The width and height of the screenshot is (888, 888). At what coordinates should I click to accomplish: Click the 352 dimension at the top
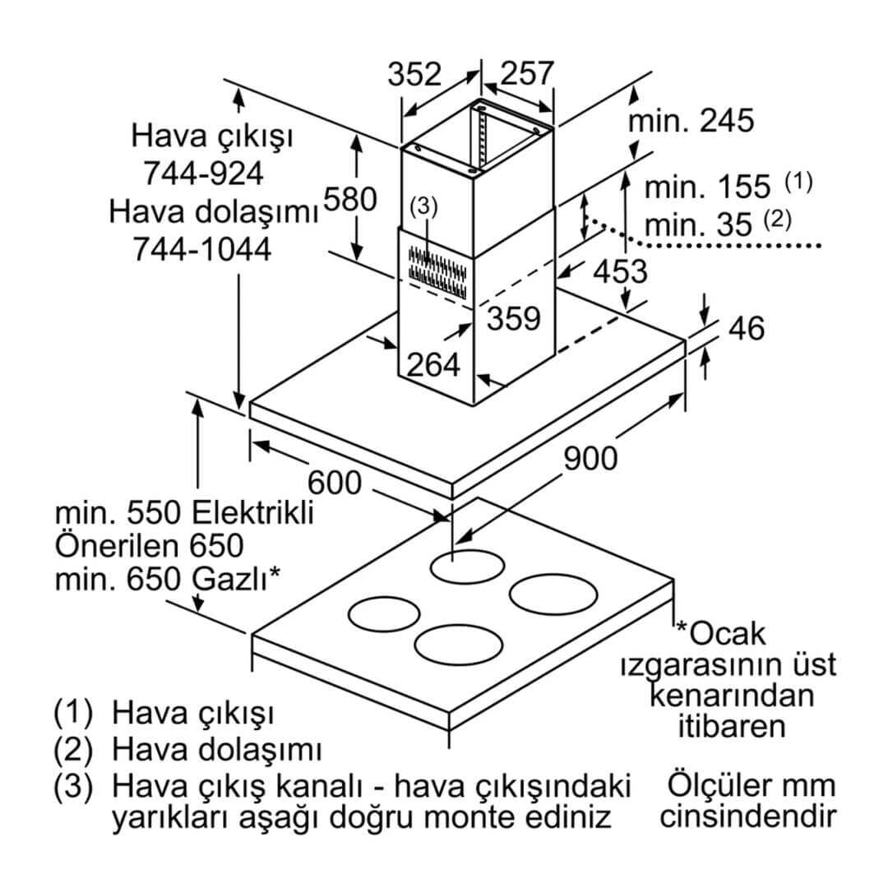pyautogui.click(x=415, y=74)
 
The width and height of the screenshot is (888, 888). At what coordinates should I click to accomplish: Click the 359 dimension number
pyautogui.click(x=513, y=319)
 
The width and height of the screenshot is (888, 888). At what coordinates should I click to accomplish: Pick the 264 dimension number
pyautogui.click(x=433, y=364)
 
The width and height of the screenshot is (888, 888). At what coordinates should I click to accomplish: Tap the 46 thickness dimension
pyautogui.click(x=746, y=328)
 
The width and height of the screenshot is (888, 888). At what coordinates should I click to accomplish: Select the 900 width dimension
pyautogui.click(x=590, y=458)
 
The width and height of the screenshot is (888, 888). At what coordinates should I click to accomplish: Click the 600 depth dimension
pyautogui.click(x=335, y=482)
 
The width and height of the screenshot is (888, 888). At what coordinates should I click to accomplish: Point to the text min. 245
pyautogui.click(x=691, y=121)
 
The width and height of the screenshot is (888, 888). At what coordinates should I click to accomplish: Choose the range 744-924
pyautogui.click(x=203, y=173)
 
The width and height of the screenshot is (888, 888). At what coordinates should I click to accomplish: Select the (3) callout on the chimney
pyautogui.click(x=423, y=207)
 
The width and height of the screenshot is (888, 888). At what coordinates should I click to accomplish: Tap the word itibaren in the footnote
pyautogui.click(x=731, y=726)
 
